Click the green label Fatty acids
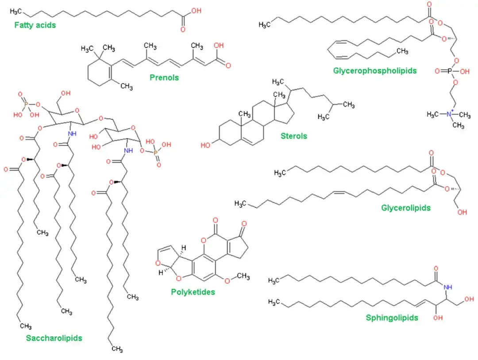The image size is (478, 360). [35, 25]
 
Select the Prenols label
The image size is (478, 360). [164, 77]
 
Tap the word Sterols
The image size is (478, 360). [293, 136]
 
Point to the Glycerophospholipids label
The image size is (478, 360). [375, 70]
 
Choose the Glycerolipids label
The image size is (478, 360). [405, 207]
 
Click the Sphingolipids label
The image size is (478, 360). [392, 318]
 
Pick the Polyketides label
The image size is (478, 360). [193, 292]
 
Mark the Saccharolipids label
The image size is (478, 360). [54, 338]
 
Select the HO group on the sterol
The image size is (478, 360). [205, 145]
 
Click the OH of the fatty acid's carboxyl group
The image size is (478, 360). [196, 10]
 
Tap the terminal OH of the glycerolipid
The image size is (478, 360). [462, 212]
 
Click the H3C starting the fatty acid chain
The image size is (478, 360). [16, 10]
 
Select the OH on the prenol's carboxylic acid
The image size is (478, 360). [218, 46]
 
